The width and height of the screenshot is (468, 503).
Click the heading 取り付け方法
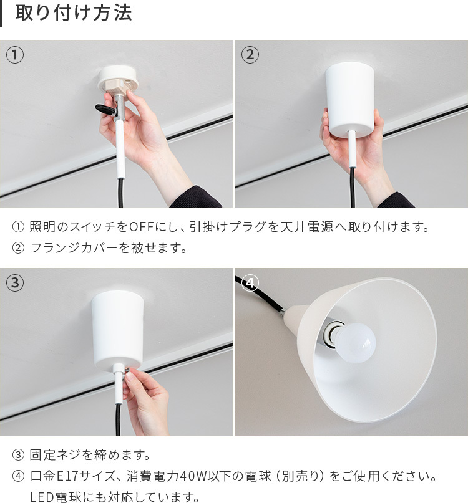click(74, 14)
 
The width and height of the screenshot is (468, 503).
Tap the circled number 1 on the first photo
click(15, 55)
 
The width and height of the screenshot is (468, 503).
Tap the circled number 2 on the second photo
click(250, 55)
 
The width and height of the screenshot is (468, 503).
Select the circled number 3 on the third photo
click(15, 283)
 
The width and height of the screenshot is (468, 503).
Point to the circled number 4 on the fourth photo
click(250, 283)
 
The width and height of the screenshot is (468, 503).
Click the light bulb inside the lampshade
click(356, 339)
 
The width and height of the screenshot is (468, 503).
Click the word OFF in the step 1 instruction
click(140, 226)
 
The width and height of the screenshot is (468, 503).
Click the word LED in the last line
click(41, 497)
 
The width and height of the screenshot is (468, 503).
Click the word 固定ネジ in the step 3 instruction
click(53, 456)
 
